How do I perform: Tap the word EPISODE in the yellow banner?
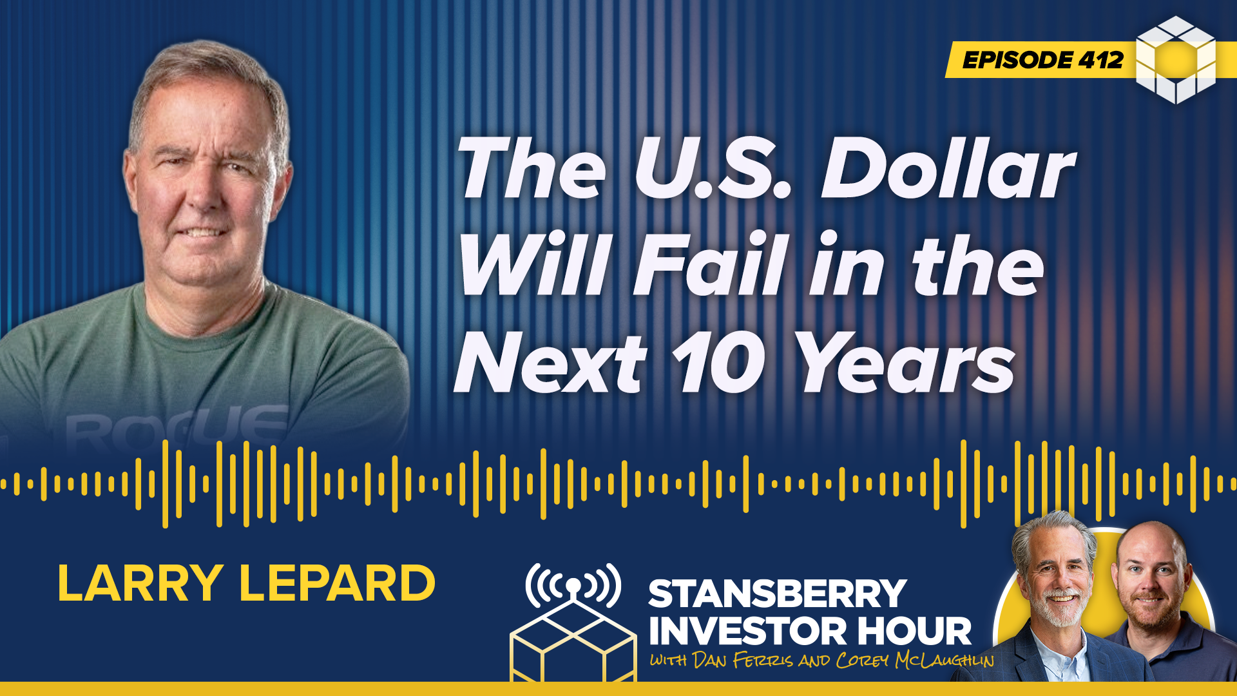point(1016,60)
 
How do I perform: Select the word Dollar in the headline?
point(948,169)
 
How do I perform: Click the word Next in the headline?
point(550,362)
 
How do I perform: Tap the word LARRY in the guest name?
point(140,583)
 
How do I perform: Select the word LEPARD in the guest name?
point(337,583)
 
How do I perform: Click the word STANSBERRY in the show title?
point(777,594)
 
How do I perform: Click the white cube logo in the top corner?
point(1176,60)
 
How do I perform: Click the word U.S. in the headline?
point(713,169)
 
